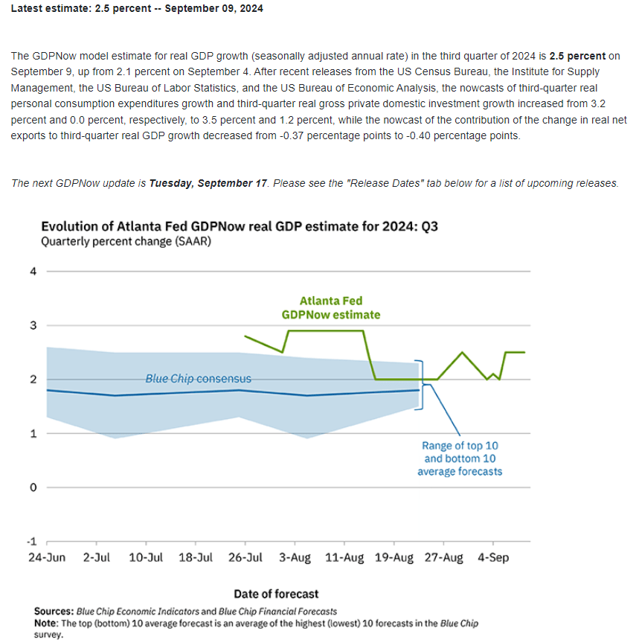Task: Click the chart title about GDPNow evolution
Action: click(240, 226)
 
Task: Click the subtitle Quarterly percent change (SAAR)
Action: click(126, 242)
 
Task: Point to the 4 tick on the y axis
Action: click(33, 272)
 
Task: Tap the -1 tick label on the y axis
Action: click(32, 542)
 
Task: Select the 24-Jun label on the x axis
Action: click(47, 557)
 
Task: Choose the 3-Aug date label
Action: click(295, 557)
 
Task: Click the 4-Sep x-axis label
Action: click(493, 557)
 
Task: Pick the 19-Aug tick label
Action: click(394, 557)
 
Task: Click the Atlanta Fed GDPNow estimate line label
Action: click(331, 308)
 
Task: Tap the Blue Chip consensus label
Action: click(199, 379)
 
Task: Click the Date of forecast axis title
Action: click(276, 594)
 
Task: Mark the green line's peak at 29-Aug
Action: click(462, 352)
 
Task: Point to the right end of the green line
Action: click(525, 352)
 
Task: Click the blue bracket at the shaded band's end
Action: click(422, 385)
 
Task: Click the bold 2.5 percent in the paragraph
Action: click(577, 56)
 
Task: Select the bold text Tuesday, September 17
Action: click(208, 183)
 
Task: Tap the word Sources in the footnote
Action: click(54, 611)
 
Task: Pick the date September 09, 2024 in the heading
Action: click(214, 9)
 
